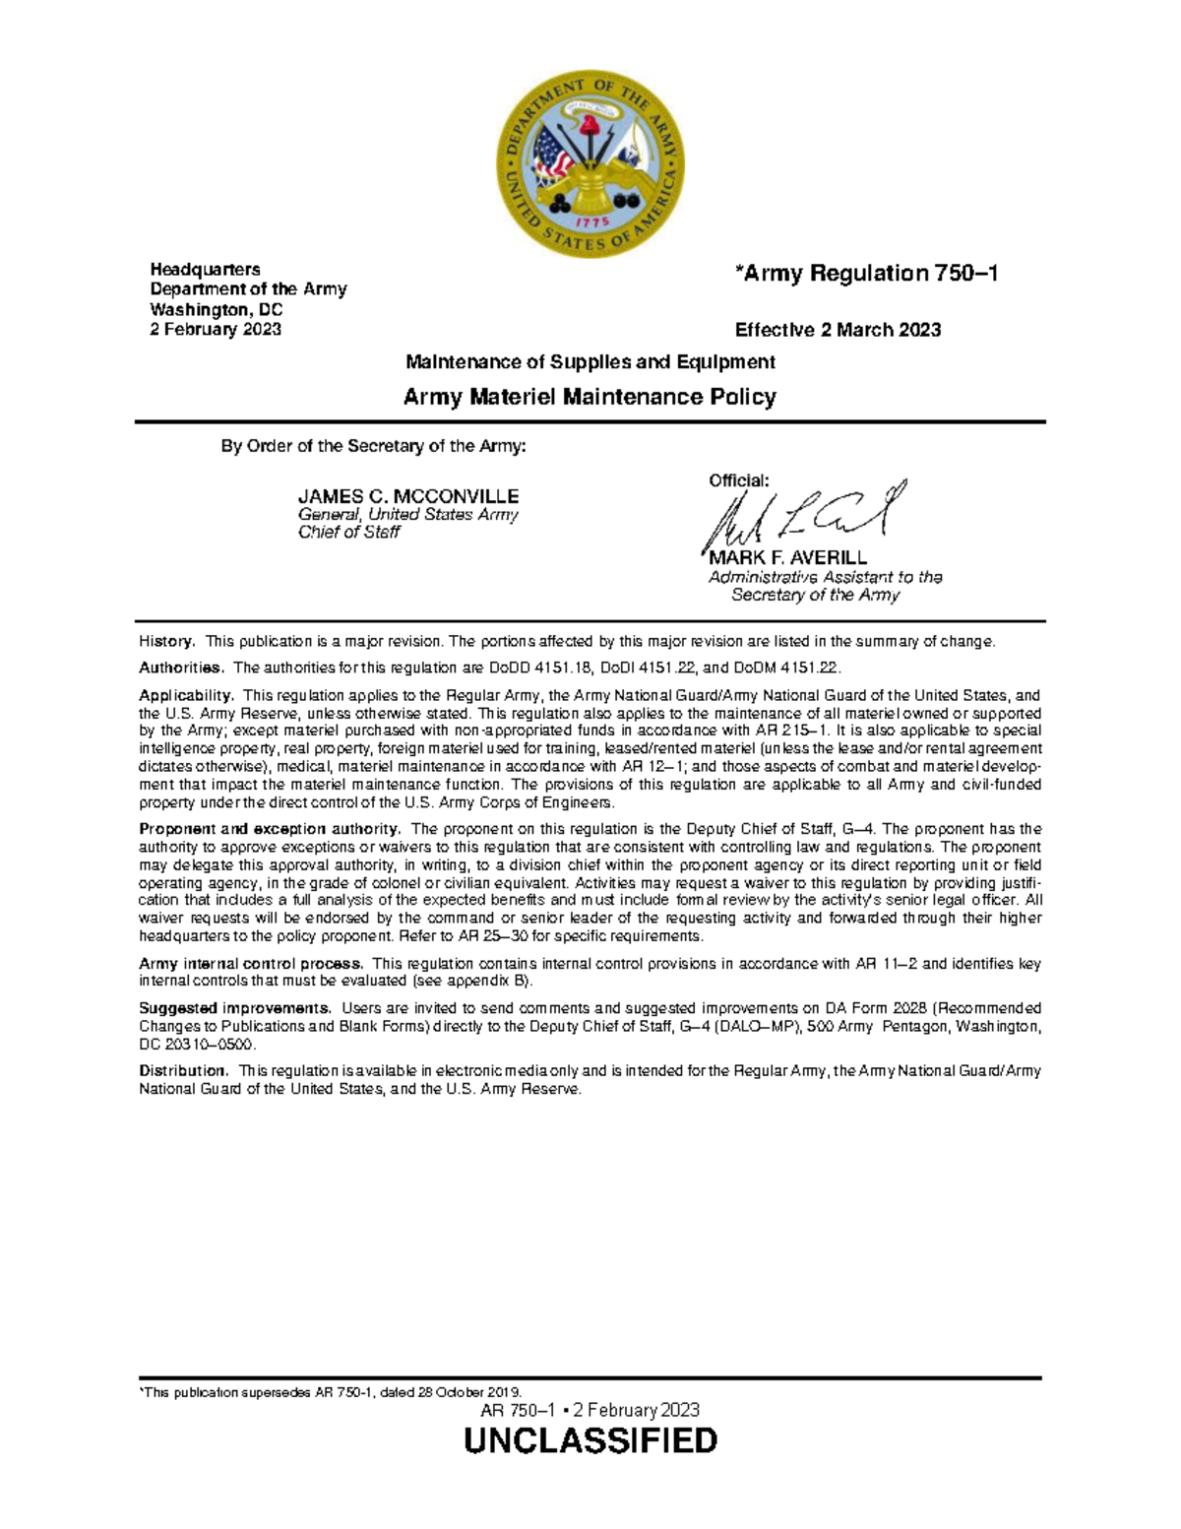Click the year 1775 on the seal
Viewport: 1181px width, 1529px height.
click(x=593, y=223)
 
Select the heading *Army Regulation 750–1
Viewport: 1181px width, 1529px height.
click(x=866, y=274)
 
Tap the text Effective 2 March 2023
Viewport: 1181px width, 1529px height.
click(x=838, y=330)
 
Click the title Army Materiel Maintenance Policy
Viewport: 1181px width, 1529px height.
click(x=590, y=397)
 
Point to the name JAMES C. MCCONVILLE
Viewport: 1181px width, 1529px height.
click(x=407, y=496)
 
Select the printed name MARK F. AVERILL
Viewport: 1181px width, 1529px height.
click(x=795, y=558)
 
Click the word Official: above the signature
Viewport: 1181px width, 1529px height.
click(x=738, y=480)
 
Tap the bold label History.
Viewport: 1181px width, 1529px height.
click(x=167, y=642)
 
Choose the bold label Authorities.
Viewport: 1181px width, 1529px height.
click(x=181, y=668)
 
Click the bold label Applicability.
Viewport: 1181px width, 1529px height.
click(x=186, y=695)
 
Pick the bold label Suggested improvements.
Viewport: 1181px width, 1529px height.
click(x=235, y=1008)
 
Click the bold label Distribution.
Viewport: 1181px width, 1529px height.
click(x=183, y=1070)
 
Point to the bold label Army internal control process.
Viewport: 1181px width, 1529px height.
click(x=251, y=964)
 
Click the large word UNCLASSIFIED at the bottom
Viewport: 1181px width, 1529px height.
click(x=590, y=1440)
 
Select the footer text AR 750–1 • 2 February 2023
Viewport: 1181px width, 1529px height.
click(x=590, y=1410)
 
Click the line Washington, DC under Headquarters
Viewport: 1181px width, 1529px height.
click(x=216, y=309)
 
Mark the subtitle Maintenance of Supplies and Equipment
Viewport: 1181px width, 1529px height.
click(x=590, y=361)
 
